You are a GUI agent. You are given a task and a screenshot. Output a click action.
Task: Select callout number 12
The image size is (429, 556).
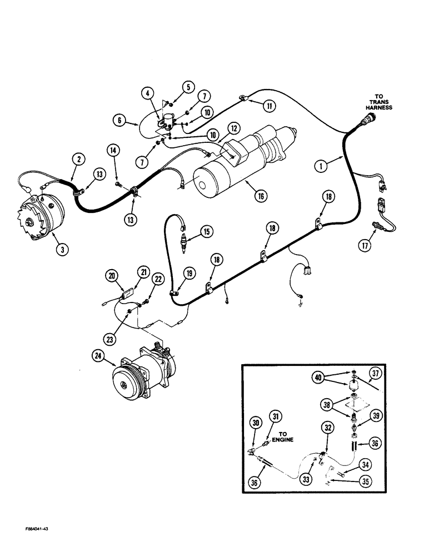coord(233,128)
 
